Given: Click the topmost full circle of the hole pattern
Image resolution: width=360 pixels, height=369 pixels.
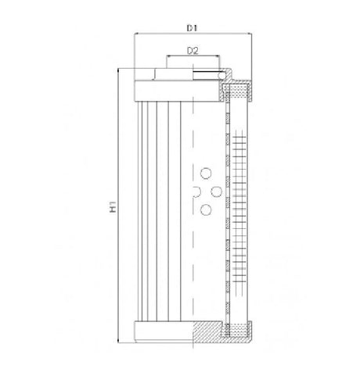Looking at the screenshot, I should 207,173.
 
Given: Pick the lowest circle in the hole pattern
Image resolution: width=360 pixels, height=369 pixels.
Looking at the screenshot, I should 207,209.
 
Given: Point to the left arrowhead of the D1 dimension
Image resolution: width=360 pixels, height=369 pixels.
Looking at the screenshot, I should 139,35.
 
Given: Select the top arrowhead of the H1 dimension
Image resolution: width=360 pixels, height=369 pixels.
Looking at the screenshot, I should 120,70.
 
